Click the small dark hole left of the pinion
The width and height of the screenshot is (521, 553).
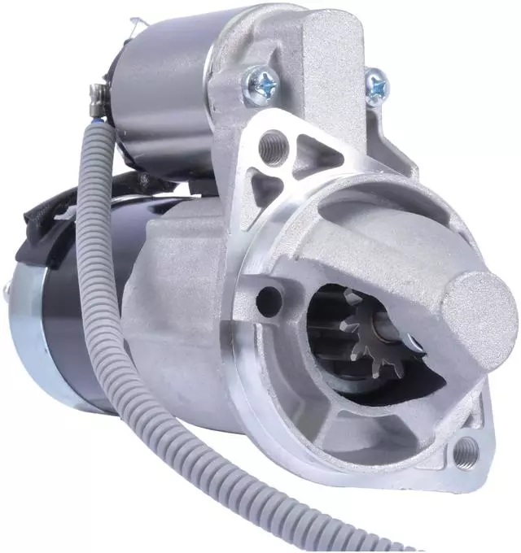[265, 300]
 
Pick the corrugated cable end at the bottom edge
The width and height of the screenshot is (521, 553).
[358, 541]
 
